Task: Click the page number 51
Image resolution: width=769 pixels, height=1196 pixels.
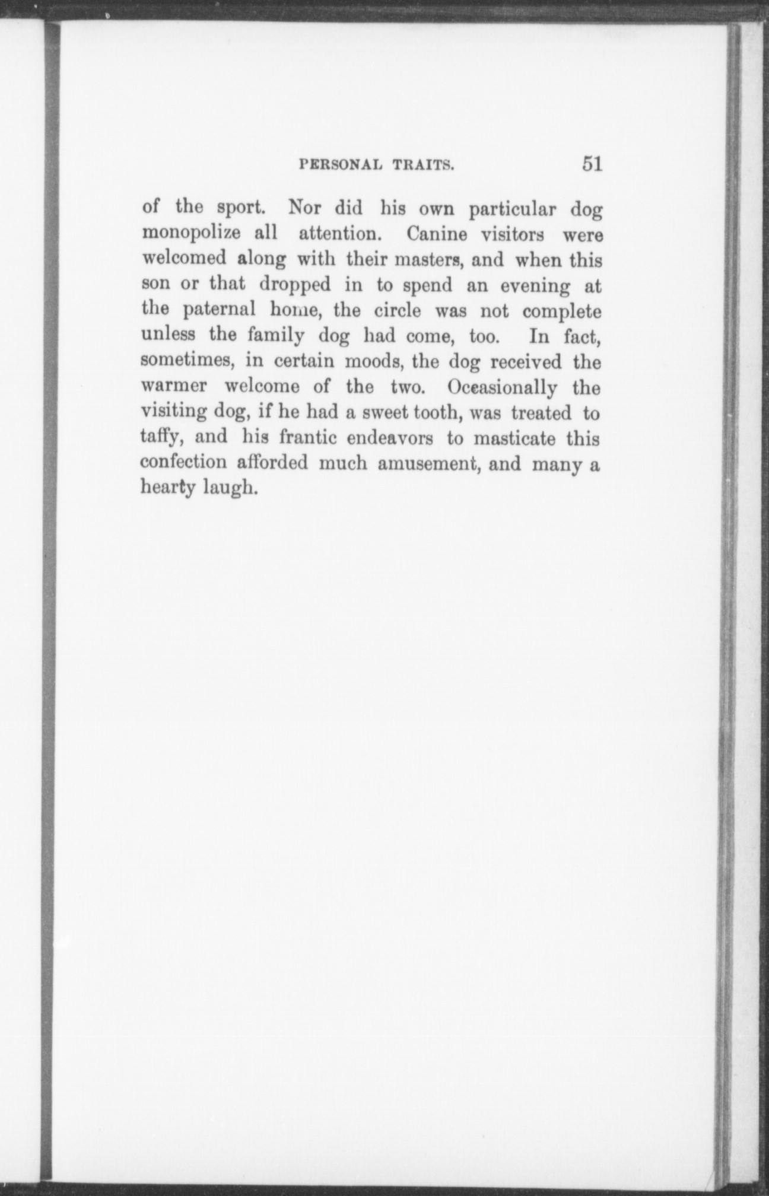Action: coord(592,164)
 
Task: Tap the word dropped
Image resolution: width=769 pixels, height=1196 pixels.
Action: coord(295,285)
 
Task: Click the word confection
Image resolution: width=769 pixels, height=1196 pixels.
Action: coord(183,462)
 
